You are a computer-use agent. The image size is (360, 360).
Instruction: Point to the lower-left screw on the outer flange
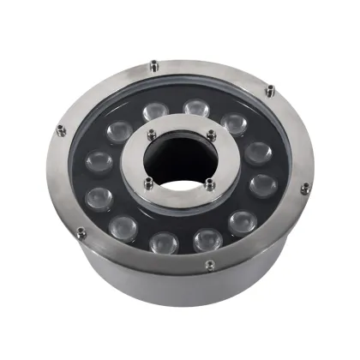(x=81, y=231)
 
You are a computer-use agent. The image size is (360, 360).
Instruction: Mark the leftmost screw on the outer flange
(x=59, y=129)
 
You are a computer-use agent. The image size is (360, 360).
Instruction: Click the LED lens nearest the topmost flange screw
(x=155, y=109)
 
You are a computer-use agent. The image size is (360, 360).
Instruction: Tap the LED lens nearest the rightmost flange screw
(x=261, y=184)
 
